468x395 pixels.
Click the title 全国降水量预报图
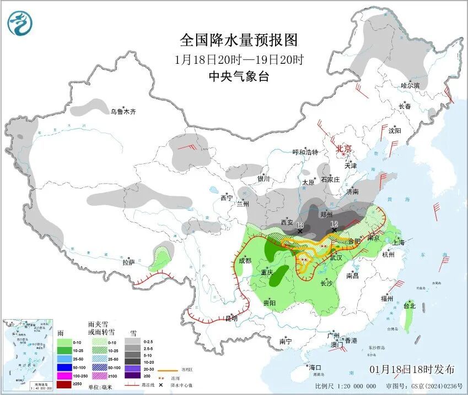239,40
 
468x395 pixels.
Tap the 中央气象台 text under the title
239,77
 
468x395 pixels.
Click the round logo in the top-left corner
20,23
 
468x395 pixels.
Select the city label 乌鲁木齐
122,112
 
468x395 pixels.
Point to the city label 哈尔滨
410,86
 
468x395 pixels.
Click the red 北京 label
344,148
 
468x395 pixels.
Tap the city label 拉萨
128,262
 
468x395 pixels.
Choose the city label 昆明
232,318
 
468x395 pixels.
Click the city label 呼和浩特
305,152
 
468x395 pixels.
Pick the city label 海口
315,367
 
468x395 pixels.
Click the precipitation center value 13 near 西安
300,225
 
